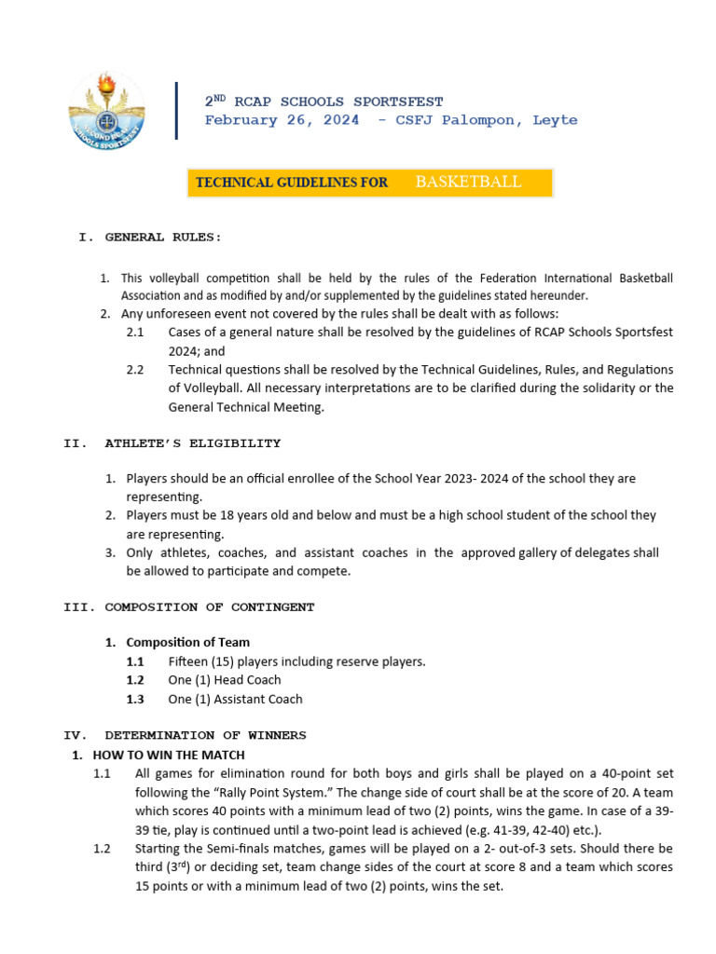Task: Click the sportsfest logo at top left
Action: coord(107,110)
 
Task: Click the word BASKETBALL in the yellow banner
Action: coord(468,182)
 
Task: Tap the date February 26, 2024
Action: coord(282,120)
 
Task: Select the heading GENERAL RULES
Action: coord(163,238)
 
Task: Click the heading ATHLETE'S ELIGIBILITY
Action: coord(192,443)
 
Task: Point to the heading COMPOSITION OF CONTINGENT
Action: coord(210,607)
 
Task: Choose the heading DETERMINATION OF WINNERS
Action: coord(205,736)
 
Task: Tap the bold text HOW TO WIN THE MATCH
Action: coord(169,755)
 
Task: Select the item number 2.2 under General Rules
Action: coord(135,369)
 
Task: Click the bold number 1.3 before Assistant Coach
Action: coord(135,699)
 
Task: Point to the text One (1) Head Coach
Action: coord(224,680)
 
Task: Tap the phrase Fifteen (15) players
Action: coord(227,661)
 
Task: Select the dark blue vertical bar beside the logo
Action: coord(176,111)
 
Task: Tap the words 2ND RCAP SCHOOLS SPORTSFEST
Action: coord(324,102)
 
